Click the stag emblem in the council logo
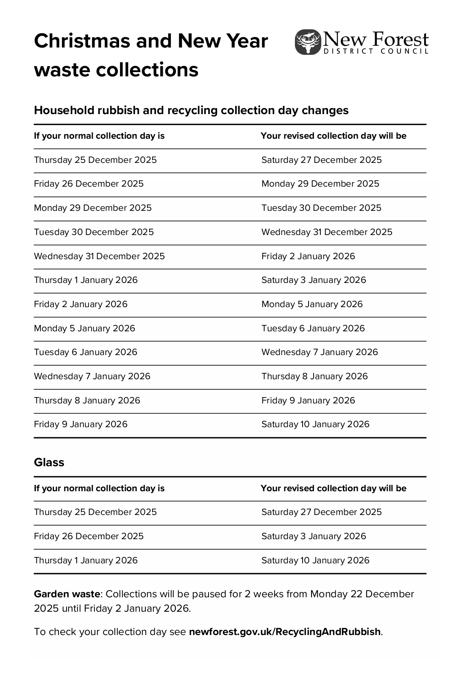[308, 42]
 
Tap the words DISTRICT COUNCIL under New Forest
[376, 51]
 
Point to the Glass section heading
[49, 462]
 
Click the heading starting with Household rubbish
[191, 110]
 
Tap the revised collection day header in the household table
[333, 136]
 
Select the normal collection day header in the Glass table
[99, 488]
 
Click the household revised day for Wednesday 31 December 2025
[308, 256]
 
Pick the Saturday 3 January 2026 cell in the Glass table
[314, 536]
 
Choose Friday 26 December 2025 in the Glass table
[89, 536]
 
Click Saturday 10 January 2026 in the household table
[315, 424]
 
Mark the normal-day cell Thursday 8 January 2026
[87, 400]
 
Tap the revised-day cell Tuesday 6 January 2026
[313, 328]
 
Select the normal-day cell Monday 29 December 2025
[93, 208]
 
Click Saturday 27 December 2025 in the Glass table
[321, 512]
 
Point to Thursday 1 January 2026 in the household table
[86, 280]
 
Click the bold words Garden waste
[67, 594]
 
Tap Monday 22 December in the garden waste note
[362, 594]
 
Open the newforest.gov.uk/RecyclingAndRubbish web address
[285, 632]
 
